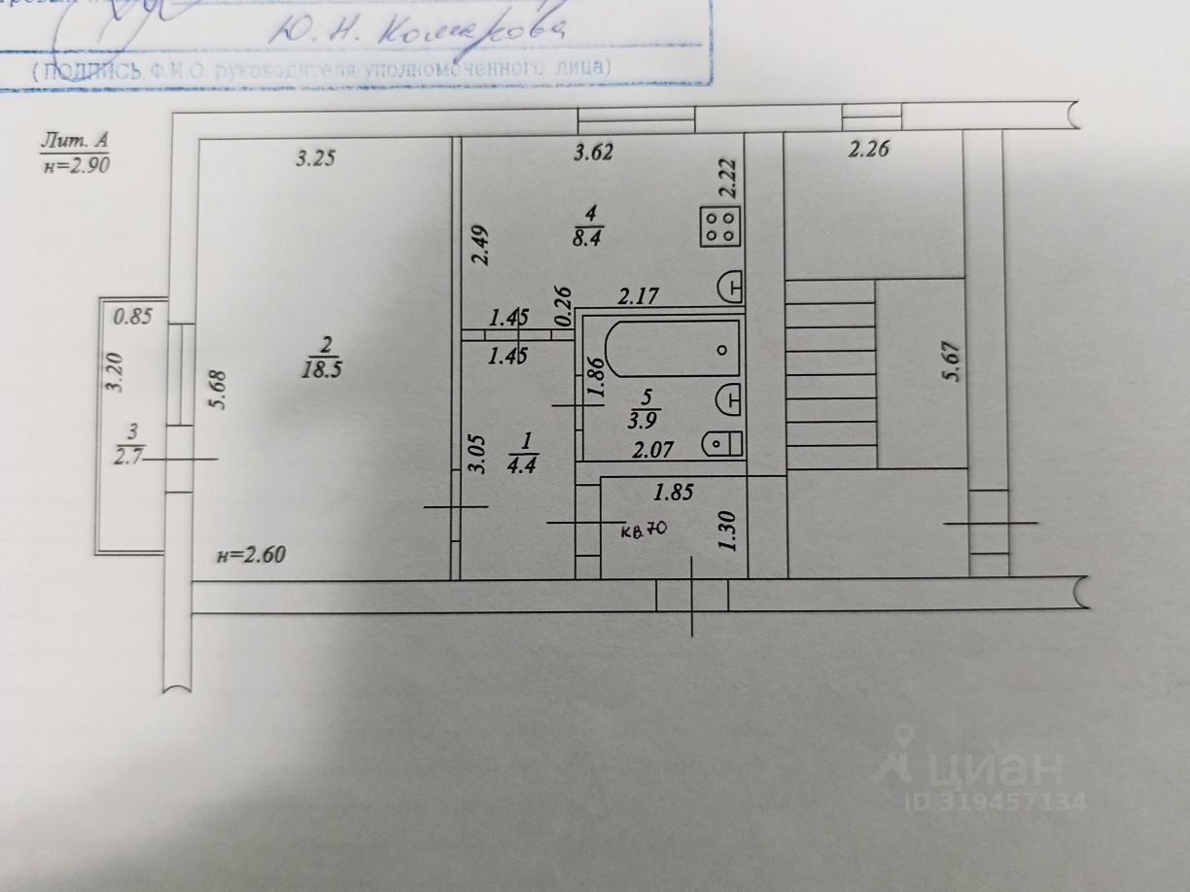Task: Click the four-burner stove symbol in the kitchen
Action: pyautogui.click(x=720, y=227)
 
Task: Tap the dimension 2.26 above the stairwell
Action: pyautogui.click(x=869, y=150)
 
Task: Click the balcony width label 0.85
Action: pyautogui.click(x=132, y=316)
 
